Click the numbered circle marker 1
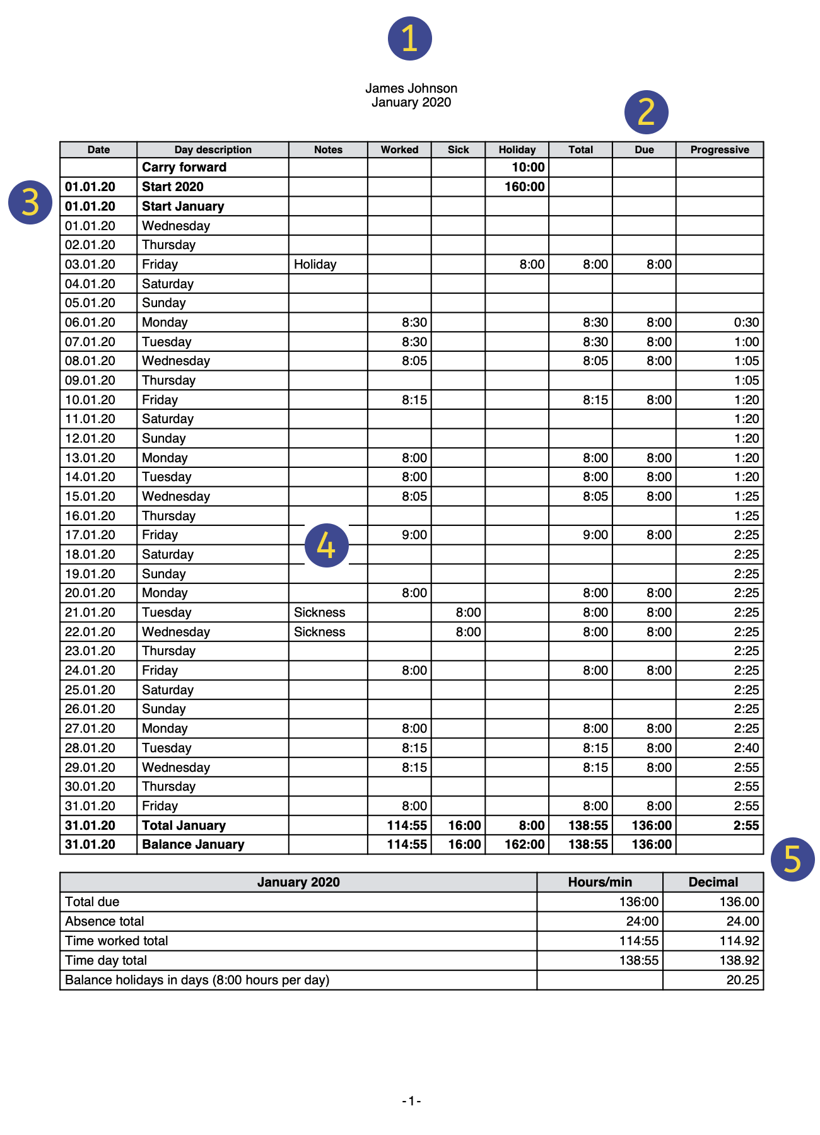pos(409,38)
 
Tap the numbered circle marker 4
pos(326,545)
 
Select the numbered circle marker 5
pos(792,859)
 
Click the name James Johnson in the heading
pos(411,88)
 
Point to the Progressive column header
pos(719,149)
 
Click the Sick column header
pos(458,149)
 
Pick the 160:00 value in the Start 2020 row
pos(524,187)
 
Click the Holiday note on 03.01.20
pos(315,264)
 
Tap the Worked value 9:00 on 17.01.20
pos(414,535)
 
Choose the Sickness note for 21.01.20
pos(319,612)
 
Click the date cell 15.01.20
pos(90,496)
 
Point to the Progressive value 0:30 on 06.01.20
pos(746,322)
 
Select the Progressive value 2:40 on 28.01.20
pos(746,748)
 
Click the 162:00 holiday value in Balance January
pos(524,844)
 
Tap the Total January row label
pos(184,825)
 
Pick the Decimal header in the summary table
pos(713,882)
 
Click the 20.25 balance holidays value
pos(742,980)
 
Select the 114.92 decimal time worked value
pos(739,941)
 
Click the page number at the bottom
pos(411,1101)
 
